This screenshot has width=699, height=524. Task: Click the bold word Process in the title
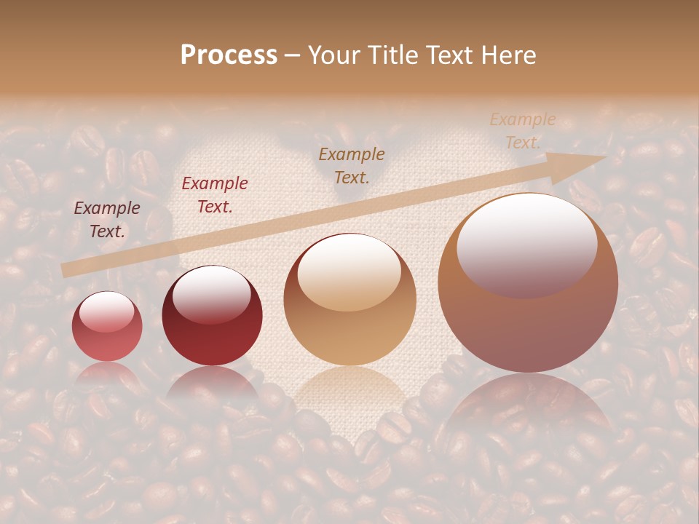(x=229, y=55)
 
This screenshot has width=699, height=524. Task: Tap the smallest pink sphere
(x=107, y=327)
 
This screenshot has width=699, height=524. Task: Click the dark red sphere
(x=212, y=317)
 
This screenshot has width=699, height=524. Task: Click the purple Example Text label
(x=107, y=220)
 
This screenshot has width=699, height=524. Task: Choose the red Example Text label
(x=215, y=195)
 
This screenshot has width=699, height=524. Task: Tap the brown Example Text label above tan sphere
(x=352, y=165)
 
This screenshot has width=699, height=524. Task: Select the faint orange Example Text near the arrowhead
(x=522, y=131)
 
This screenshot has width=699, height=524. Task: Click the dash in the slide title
(x=292, y=55)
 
